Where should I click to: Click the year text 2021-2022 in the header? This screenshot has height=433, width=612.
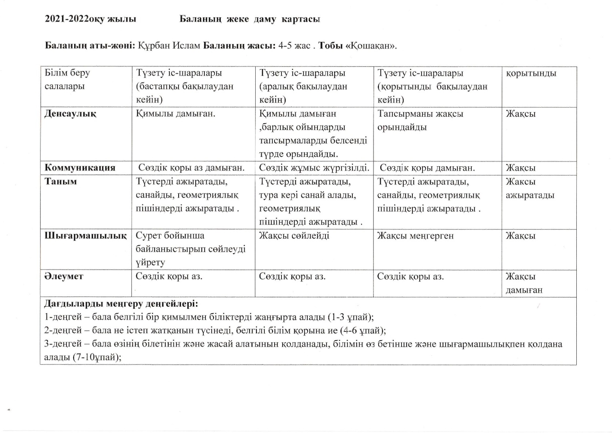pos(67,19)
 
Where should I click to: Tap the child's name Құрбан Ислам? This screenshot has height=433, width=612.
pos(169,46)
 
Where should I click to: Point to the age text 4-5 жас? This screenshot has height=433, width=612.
pos(294,46)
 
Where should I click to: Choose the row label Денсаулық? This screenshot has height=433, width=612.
pos(70,114)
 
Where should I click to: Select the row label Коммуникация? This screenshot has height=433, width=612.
pos(80,168)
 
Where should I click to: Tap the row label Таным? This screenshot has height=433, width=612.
pos(60,181)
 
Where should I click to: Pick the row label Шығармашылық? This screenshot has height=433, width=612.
pos(85,235)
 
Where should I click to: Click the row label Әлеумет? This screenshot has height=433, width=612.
pos(64,276)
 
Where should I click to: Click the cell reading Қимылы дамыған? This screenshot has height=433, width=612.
pos(176,114)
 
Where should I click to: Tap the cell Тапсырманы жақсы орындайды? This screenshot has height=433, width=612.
pos(420,120)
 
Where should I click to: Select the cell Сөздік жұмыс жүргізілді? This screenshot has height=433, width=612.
pos(314,168)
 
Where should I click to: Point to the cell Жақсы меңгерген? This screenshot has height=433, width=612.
pos(415,236)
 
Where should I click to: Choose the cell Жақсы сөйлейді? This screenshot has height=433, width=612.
pos(294,236)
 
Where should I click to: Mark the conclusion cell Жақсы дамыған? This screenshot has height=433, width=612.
pos(524,283)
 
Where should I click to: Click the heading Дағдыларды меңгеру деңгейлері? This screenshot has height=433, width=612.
pos(121,303)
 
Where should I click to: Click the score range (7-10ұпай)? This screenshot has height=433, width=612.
pos(97,357)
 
